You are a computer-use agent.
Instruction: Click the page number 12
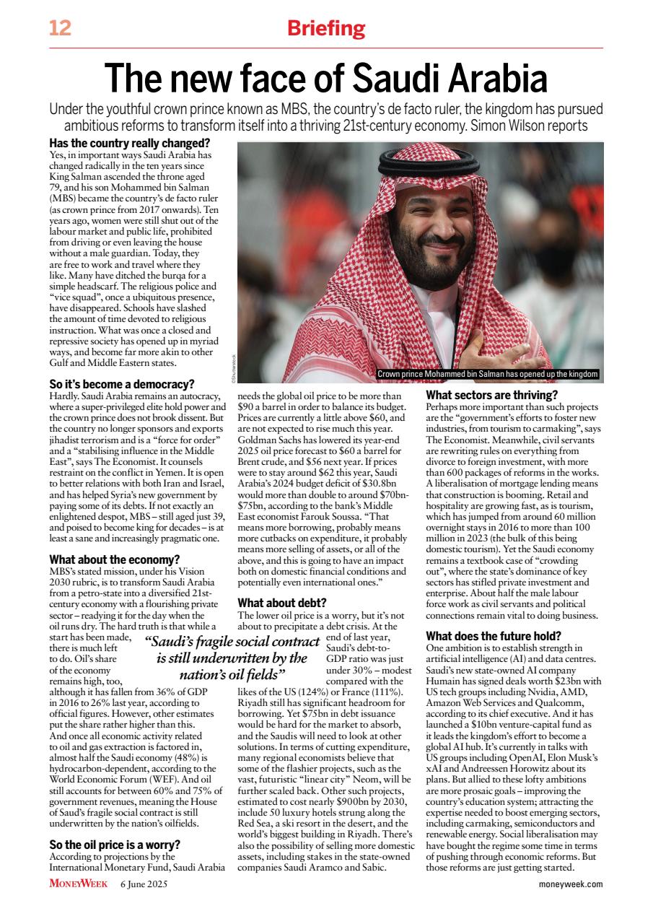(60, 29)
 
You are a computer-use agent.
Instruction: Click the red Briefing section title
(326, 29)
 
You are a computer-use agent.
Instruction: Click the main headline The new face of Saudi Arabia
(326, 77)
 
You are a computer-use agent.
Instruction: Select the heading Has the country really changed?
(129, 143)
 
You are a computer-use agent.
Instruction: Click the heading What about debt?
(282, 603)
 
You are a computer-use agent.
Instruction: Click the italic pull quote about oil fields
(232, 658)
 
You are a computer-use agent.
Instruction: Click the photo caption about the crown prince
(488, 374)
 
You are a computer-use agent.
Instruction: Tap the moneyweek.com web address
(570, 884)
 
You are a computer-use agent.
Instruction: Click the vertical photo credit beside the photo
(233, 365)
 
